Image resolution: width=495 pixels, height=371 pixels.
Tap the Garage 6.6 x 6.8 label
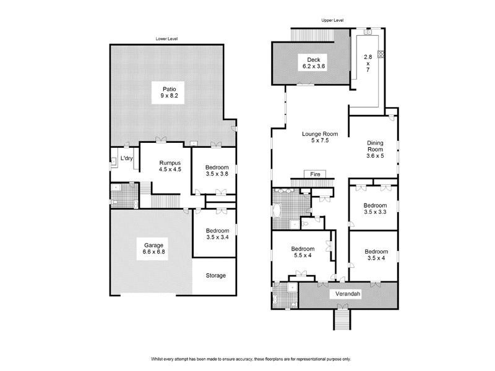[153, 249]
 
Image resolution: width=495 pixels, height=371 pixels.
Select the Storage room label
[216, 275]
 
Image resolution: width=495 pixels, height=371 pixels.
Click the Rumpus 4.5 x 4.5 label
[170, 166]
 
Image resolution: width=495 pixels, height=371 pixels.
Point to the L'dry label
[126, 158]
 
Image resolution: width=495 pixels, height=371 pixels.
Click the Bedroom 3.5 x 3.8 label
[217, 171]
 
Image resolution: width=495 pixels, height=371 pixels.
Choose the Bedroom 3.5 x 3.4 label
[218, 234]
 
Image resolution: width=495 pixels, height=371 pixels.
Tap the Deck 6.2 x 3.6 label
[314, 63]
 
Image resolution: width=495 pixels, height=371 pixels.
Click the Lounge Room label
[320, 134]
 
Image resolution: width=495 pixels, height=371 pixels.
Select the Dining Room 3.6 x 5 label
[375, 149]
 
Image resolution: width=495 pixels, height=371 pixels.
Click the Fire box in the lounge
[315, 174]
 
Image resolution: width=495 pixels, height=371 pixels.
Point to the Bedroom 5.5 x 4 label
[303, 252]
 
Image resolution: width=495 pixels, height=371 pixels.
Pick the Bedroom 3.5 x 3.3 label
[375, 208]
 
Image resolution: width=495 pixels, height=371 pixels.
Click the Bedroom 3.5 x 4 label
[376, 255]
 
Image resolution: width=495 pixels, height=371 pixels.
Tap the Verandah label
[348, 294]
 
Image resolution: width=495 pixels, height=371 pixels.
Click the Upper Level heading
[332, 20]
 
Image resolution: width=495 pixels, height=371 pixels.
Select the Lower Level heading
[166, 39]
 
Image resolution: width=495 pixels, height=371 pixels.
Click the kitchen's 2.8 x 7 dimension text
[368, 63]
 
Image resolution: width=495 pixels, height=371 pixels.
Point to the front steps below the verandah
[342, 320]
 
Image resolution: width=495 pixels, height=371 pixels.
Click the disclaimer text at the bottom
[251, 359]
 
